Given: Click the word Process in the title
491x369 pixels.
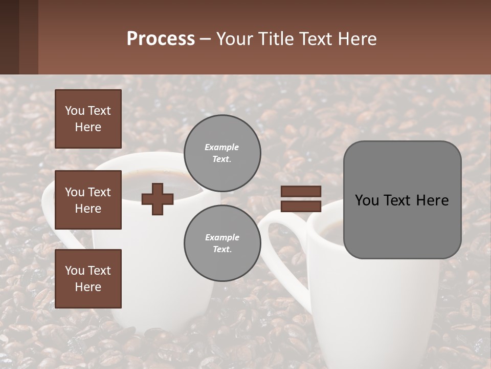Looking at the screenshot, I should point(161,39).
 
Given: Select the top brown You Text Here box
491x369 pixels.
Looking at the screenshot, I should point(88,119).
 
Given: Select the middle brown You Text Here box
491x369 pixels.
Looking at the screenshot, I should point(88,200).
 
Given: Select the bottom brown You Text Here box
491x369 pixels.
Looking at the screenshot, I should point(88,279).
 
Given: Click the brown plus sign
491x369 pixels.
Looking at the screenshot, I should point(158,199).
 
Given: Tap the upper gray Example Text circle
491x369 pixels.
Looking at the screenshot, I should point(222,153).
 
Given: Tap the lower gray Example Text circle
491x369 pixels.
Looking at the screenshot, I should point(222,243).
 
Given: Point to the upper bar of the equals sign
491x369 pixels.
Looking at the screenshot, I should point(301,191).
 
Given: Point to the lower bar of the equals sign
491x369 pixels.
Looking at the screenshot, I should point(301,206).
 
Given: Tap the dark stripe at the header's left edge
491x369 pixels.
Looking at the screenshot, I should point(9,37).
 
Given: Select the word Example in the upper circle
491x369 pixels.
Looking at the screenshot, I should point(222,147).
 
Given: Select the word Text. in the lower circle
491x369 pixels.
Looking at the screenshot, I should point(222,249).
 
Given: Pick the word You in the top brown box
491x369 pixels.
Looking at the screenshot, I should point(75,111).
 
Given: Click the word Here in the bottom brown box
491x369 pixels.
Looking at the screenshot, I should point(88,287).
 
